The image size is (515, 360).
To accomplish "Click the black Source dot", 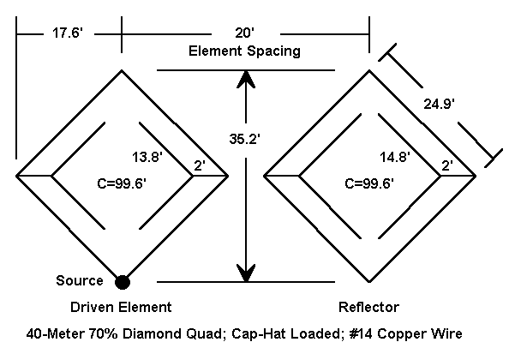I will point(123,280).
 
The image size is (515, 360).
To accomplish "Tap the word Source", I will point(79,280).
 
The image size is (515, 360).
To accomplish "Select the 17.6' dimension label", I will point(68,33).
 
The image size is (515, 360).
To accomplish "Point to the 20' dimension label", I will point(245,33).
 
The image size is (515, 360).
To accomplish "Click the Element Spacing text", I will point(244,51).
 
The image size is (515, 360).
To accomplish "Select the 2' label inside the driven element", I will point(199,165).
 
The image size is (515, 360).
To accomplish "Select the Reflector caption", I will point(369,306).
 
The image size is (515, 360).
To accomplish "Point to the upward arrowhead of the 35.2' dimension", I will point(247,79).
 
